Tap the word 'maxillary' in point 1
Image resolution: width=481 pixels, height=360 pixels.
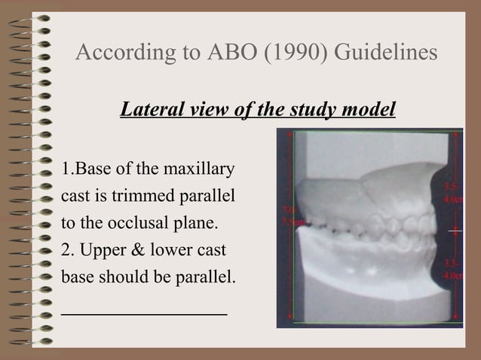[x=198, y=167]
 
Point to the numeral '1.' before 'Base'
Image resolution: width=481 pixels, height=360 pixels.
[x=66, y=167]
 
